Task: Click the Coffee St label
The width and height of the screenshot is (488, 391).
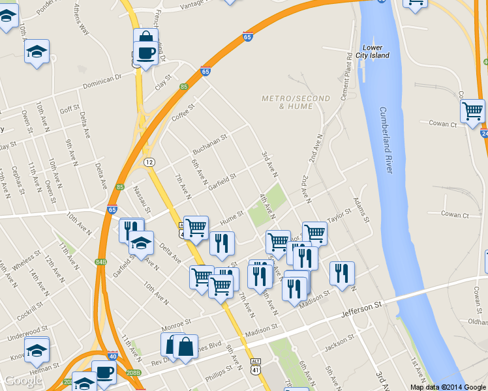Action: [x=183, y=112]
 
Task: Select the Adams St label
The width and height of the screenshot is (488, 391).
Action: [x=361, y=209]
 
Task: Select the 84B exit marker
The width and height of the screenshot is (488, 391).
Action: [x=100, y=262]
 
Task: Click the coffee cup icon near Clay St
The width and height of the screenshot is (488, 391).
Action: [x=144, y=53]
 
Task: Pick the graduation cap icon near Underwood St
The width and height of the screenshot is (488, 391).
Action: [x=37, y=350]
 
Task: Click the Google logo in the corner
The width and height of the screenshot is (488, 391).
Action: [x=23, y=381]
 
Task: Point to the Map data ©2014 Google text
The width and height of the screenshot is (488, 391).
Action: [x=447, y=387]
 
